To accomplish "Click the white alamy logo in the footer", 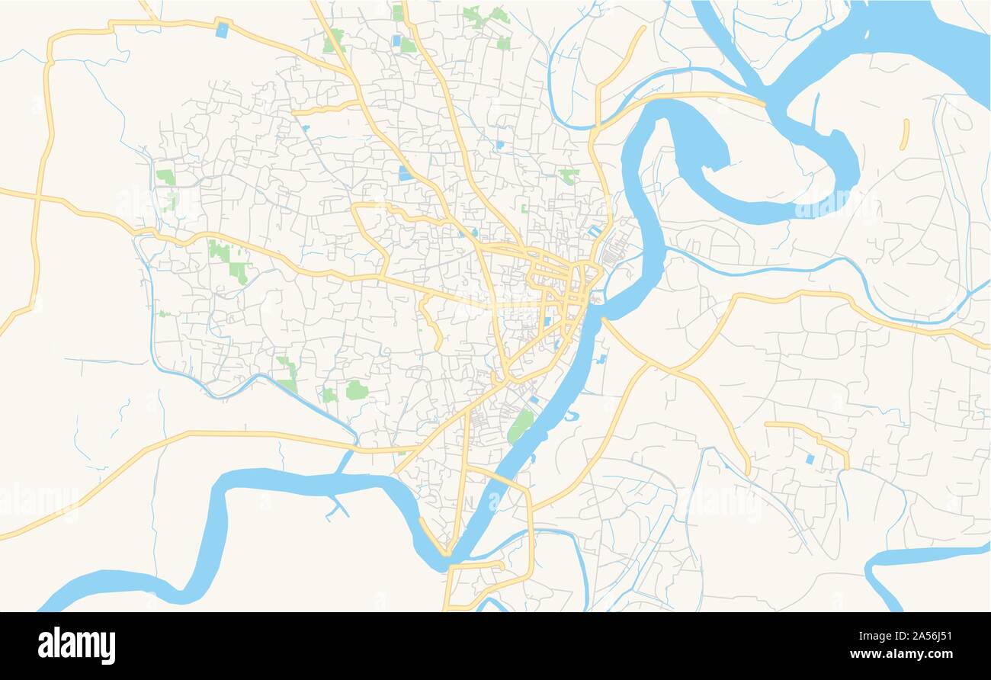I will click(76, 646).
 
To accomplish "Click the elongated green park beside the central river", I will click(520, 425).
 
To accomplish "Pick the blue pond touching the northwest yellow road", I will click(222, 30).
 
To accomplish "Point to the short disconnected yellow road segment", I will click(905, 133).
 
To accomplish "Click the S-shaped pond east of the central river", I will click(572, 415).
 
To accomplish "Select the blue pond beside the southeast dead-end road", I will click(810, 459).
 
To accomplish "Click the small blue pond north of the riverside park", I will click(534, 399).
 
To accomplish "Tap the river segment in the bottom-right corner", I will click(915, 557).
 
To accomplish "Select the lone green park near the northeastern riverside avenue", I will click(568, 176).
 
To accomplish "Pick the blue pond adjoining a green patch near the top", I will click(396, 40).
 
